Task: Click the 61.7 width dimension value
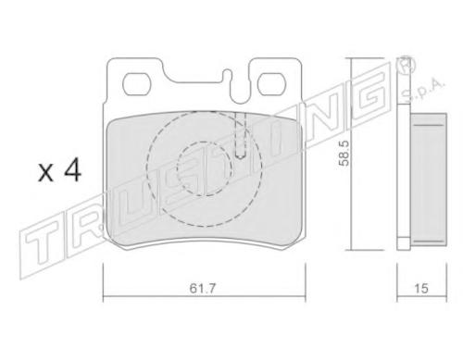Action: pyautogui.click(x=202, y=289)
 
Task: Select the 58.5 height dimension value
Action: pyautogui.click(x=344, y=154)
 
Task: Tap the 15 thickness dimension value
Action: pyautogui.click(x=421, y=289)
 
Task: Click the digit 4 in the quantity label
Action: pyautogui.click(x=72, y=171)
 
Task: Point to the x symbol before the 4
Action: pyautogui.click(x=45, y=173)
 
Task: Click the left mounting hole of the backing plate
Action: pyautogui.click(x=136, y=84)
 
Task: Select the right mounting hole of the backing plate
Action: pyautogui.click(x=270, y=84)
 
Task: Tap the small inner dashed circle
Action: pyautogui.click(x=204, y=168)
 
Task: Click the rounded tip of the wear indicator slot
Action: pyautogui.click(x=240, y=155)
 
